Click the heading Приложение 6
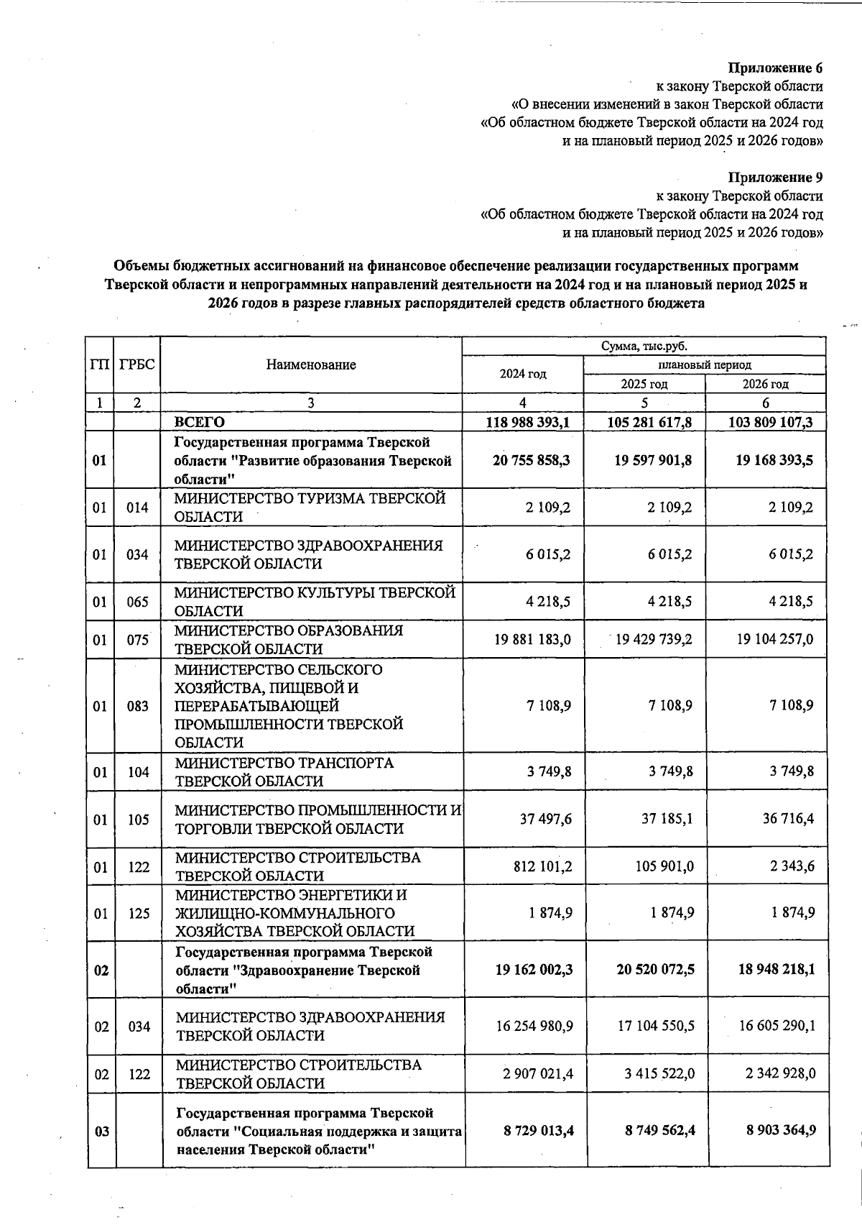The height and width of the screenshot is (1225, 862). click(x=775, y=68)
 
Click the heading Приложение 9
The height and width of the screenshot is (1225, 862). click(x=775, y=178)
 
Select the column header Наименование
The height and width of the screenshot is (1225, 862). click(x=311, y=364)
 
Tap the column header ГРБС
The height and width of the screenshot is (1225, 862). click(x=137, y=364)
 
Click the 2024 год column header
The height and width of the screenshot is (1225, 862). click(x=523, y=374)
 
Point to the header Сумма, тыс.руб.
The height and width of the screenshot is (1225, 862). click(x=644, y=347)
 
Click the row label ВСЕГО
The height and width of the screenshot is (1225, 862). click(x=200, y=422)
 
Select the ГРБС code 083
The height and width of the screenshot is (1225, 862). click(x=137, y=706)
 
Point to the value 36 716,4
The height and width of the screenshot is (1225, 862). click(x=788, y=819)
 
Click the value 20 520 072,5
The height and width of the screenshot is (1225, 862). click(x=655, y=970)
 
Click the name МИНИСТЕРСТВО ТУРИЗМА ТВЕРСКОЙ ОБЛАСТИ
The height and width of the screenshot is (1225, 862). click(x=310, y=507)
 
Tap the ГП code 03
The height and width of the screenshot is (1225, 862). click(x=102, y=1132)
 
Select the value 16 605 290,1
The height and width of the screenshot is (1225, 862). click(x=777, y=1027)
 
